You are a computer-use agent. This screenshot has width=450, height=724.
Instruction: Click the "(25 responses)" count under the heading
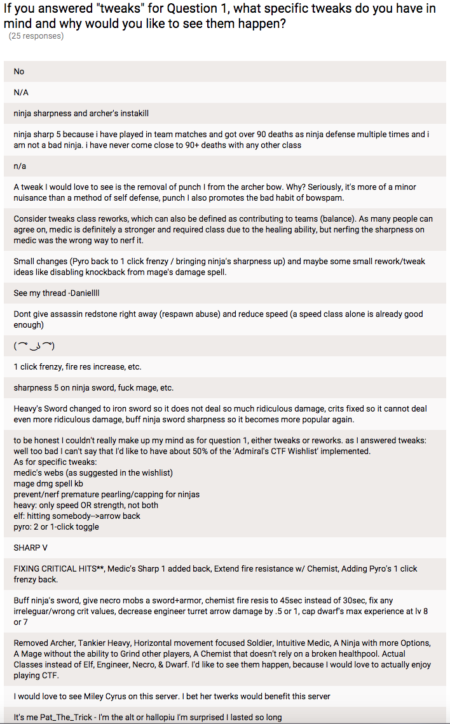36,36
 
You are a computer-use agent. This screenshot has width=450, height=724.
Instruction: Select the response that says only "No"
19,72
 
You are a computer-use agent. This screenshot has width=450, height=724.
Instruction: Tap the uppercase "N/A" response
21,92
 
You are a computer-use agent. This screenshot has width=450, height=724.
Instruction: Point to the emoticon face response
34,346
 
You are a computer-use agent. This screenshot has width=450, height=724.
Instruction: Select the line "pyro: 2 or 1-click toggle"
56,526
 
